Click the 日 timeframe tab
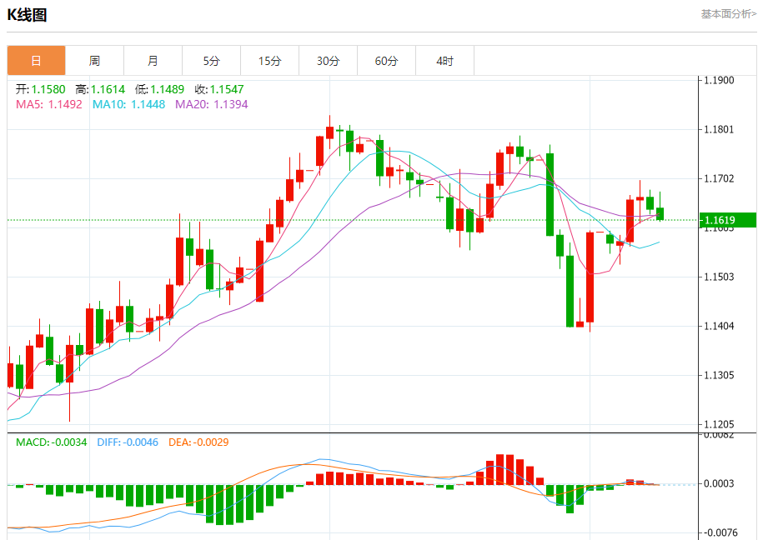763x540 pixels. click(x=36, y=61)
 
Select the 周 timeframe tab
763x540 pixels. click(x=94, y=61)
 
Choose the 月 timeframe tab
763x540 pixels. click(x=153, y=61)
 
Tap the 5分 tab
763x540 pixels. click(x=211, y=61)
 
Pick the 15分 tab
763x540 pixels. click(x=269, y=61)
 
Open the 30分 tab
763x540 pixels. click(x=328, y=61)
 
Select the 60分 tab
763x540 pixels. click(x=386, y=61)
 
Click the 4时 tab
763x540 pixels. click(x=444, y=61)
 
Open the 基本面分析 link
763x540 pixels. click(x=728, y=13)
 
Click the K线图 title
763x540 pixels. click(x=28, y=15)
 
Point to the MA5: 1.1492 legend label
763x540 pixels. click(x=49, y=104)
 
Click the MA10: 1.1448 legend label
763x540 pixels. click(x=128, y=104)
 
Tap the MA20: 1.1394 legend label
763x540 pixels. click(x=211, y=104)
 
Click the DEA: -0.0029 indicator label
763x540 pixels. click(x=198, y=442)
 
